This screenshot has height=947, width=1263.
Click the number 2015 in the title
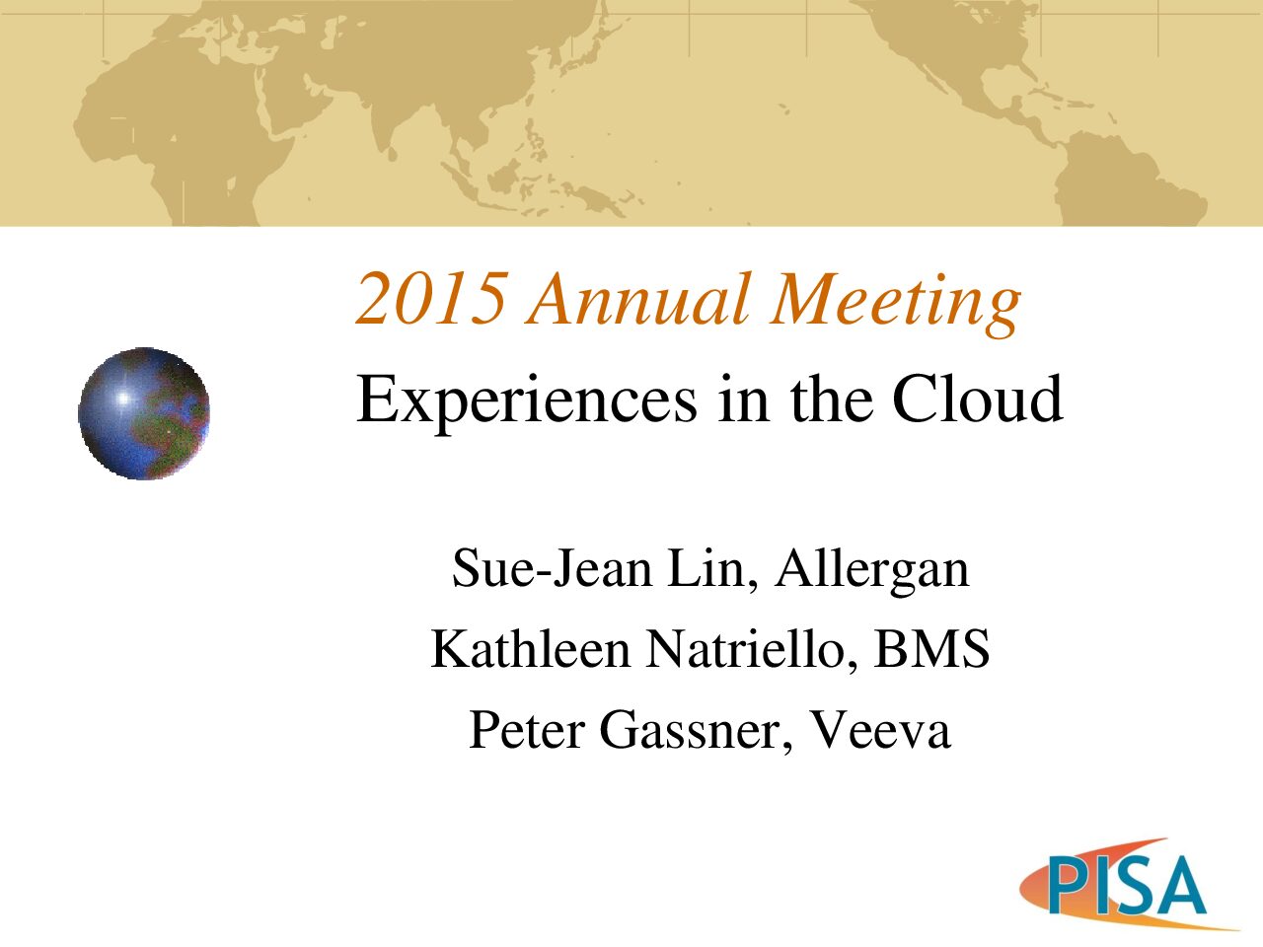[x=431, y=299]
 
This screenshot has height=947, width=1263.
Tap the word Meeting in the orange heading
[x=895, y=304]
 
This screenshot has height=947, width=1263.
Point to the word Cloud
[x=977, y=398]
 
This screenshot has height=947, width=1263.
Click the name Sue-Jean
[x=553, y=568]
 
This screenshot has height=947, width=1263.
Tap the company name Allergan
[x=871, y=572]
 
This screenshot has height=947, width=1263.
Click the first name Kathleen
[x=531, y=649]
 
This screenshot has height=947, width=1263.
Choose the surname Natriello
[x=752, y=650]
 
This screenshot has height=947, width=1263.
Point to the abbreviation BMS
[x=931, y=649]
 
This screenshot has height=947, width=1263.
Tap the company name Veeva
[x=880, y=730]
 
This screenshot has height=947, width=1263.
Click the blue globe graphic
[x=144, y=413]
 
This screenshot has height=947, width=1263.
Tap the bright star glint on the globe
[x=123, y=398]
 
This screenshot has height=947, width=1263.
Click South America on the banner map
[x=1122, y=179]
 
